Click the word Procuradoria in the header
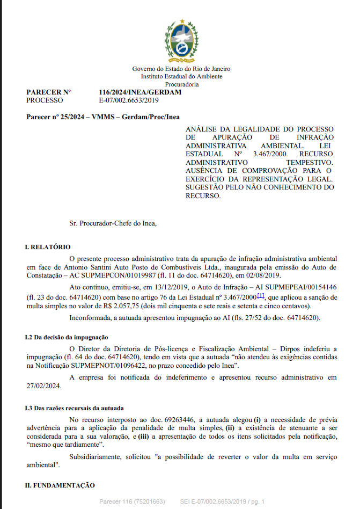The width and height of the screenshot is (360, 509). (182, 84)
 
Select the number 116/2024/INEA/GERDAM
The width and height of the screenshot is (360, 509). (140, 92)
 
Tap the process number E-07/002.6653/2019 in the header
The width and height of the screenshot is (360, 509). (129, 100)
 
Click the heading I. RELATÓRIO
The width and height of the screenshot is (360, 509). (48, 247)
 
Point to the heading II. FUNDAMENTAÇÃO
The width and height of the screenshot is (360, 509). (60, 485)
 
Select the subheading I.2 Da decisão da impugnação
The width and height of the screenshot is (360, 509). (67, 337)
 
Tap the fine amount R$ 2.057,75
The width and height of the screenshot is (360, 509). (132, 306)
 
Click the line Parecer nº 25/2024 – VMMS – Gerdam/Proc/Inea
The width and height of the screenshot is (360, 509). (103, 117)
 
